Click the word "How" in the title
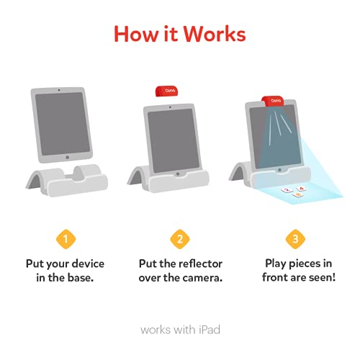point(132,35)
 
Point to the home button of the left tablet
point(66,156)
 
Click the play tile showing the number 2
point(287,190)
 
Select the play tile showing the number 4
point(302,189)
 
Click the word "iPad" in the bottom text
point(207,330)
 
